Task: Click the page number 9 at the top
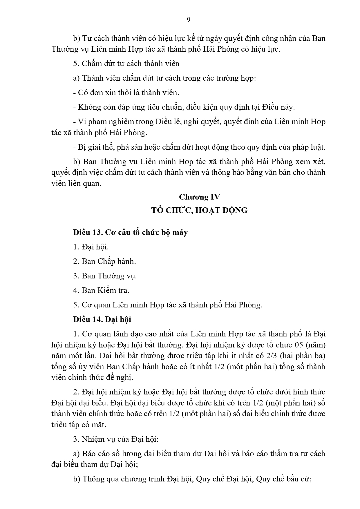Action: [x=188, y=20]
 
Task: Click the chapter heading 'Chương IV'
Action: [x=199, y=197]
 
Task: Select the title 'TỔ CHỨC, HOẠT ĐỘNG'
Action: [x=199, y=210]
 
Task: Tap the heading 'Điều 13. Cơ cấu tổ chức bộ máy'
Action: [x=130, y=232]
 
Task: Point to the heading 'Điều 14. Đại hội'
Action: [x=102, y=319]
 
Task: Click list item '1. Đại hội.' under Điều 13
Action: [x=91, y=247]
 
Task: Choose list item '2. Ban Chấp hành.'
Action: [x=104, y=261]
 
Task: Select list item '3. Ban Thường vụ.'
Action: [x=105, y=276]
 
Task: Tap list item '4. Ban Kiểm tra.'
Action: [x=101, y=290]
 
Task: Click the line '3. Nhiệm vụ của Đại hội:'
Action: [x=116, y=439]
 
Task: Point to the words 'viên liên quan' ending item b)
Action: [x=76, y=184]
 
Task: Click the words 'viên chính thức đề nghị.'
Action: [x=92, y=378]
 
